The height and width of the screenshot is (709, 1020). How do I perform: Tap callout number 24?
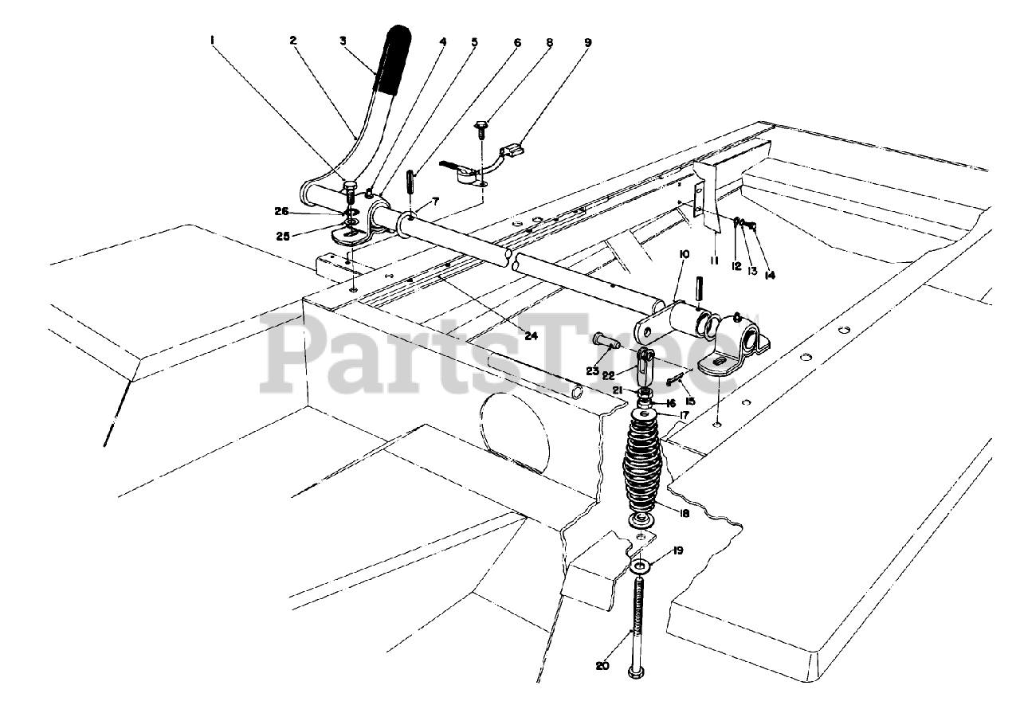(x=531, y=335)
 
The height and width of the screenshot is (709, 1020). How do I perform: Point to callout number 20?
(x=602, y=665)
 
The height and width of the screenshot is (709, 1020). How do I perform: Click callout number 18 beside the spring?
(x=684, y=514)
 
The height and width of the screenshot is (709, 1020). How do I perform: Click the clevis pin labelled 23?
(x=607, y=339)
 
